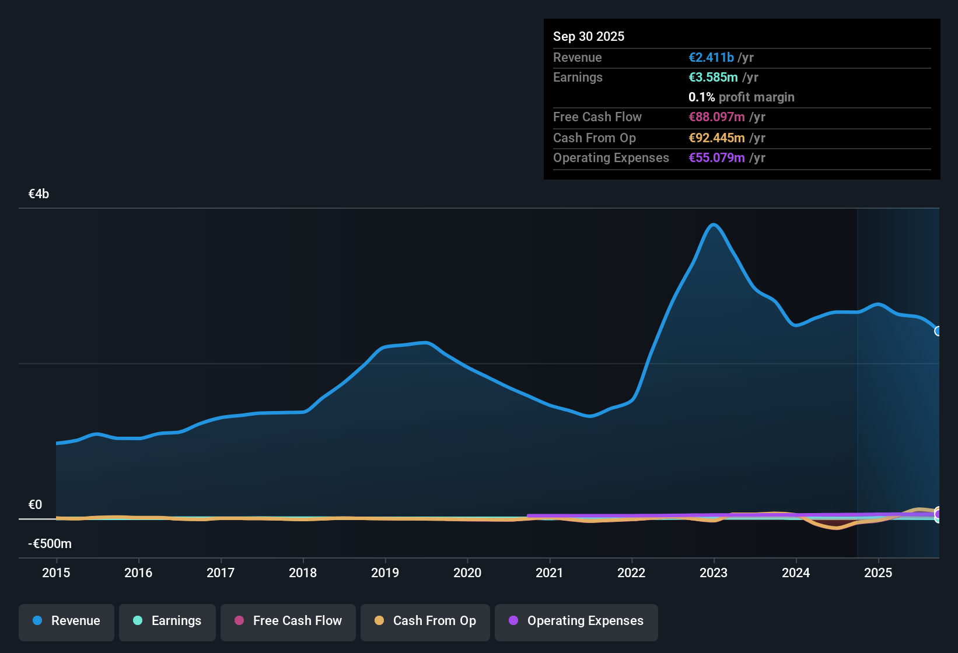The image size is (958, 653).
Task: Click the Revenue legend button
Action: click(x=67, y=621)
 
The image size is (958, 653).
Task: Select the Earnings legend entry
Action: click(x=167, y=621)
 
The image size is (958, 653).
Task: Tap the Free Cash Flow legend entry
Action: click(x=288, y=621)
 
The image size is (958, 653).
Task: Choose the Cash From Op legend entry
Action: click(x=425, y=621)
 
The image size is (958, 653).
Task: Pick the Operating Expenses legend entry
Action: click(x=576, y=621)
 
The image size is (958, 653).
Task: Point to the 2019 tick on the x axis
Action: click(x=385, y=573)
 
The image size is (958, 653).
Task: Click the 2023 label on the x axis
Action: click(x=714, y=573)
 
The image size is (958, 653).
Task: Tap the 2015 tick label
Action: click(x=56, y=573)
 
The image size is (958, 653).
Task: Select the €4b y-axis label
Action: click(x=39, y=194)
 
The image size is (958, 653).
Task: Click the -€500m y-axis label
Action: click(x=50, y=544)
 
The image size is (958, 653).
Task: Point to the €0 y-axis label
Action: click(x=35, y=505)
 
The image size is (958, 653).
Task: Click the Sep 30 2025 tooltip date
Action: click(x=589, y=36)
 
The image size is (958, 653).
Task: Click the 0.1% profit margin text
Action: click(x=741, y=97)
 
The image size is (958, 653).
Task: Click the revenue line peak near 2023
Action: click(x=713, y=224)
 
